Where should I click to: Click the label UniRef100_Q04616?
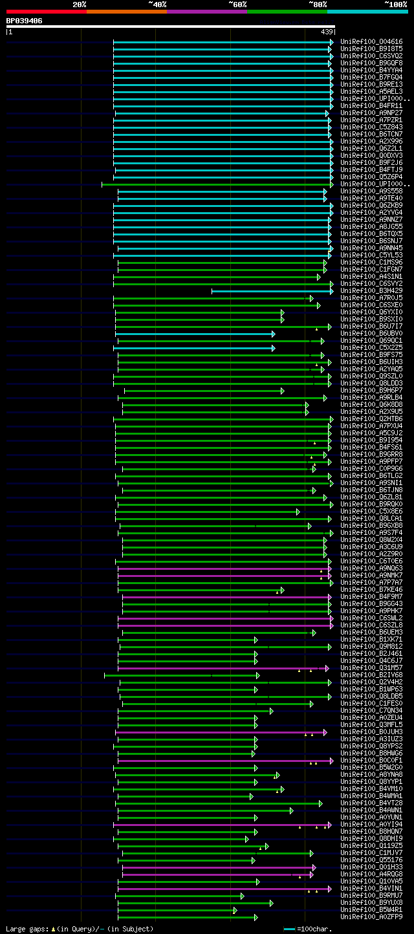pyautogui.click(x=371, y=41)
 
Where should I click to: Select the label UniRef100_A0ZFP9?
pyautogui.click(x=371, y=917)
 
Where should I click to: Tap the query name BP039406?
pyautogui.click(x=25, y=21)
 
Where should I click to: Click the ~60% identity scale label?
pyautogui.click(x=237, y=5)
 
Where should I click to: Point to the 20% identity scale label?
pyautogui.click(x=80, y=5)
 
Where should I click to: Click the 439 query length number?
pyautogui.click(x=327, y=32)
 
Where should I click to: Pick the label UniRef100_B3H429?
pyautogui.click(x=371, y=291)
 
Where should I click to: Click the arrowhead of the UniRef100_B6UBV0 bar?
pyautogui.click(x=274, y=334)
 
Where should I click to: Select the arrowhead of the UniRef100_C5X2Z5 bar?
pyautogui.click(x=274, y=348)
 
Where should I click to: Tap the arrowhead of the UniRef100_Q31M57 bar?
pyautogui.click(x=327, y=668)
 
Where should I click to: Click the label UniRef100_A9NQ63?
pyautogui.click(x=371, y=569)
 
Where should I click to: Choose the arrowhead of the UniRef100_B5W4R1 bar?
pyautogui.click(x=235, y=910)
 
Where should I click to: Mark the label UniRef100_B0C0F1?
pyautogui.click(x=371, y=761)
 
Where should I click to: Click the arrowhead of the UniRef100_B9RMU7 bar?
pyautogui.click(x=243, y=896)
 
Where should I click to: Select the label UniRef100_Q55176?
pyautogui.click(x=371, y=860)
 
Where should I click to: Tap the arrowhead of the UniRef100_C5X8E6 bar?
pyautogui.click(x=298, y=512)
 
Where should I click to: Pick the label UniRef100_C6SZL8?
pyautogui.click(x=371, y=625)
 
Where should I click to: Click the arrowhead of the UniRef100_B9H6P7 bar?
pyautogui.click(x=283, y=391)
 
